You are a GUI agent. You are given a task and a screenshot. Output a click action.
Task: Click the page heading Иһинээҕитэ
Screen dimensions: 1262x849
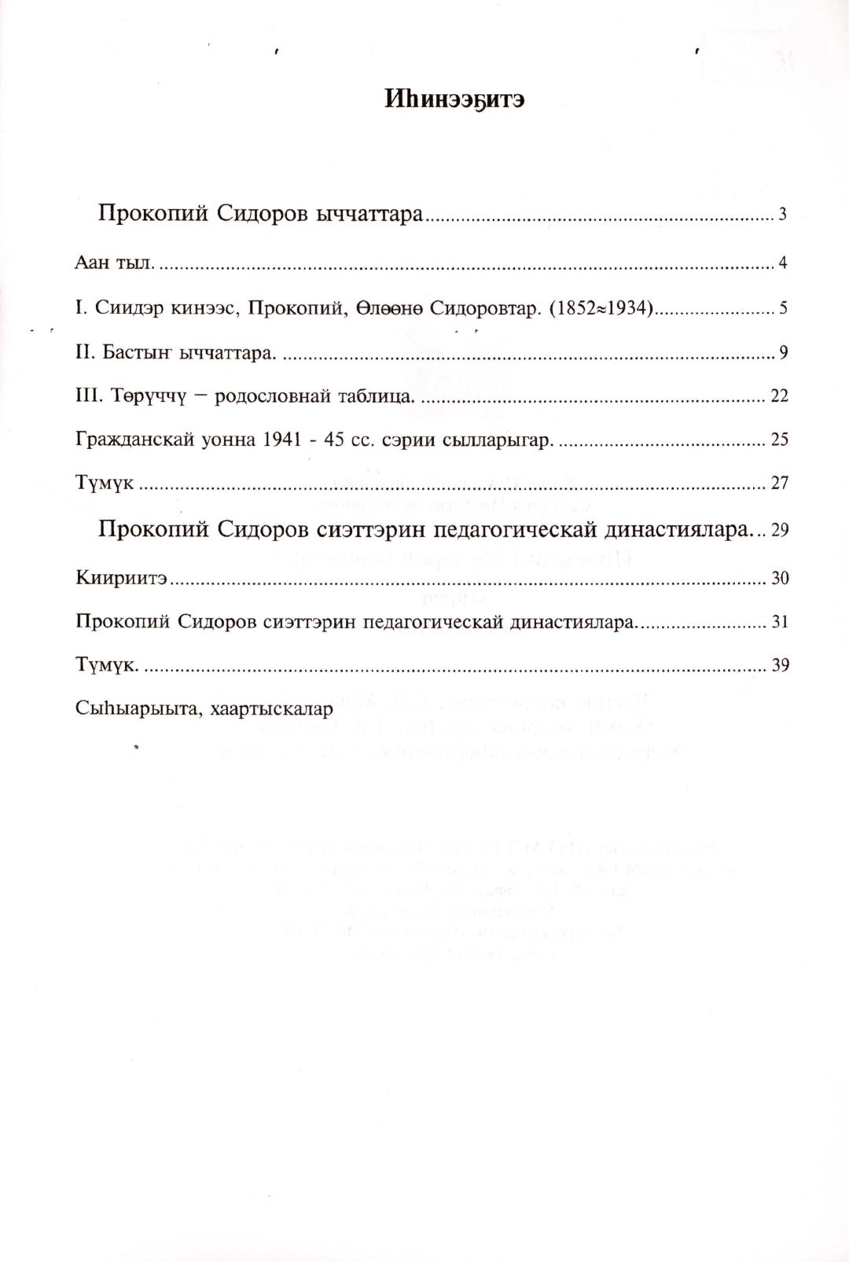tap(454, 99)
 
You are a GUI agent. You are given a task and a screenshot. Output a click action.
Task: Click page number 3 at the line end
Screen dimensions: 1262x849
tap(782, 214)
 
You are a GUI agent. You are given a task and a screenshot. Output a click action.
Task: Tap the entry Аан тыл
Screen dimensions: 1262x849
tap(115, 263)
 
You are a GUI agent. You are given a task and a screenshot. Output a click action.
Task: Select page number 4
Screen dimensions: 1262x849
tap(782, 263)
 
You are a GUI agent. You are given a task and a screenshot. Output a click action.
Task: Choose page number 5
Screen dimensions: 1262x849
tap(783, 308)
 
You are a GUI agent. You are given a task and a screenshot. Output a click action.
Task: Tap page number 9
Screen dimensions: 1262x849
tap(783, 352)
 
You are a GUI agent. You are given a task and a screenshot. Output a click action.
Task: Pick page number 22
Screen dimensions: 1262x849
tap(779, 396)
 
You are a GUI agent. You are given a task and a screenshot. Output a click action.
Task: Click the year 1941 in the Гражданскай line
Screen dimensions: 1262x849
tap(283, 439)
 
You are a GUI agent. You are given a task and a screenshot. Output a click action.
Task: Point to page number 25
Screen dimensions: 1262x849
tap(779, 439)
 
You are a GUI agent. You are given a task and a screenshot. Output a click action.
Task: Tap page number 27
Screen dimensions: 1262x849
tap(779, 483)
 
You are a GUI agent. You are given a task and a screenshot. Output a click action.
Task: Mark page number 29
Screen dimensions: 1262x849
tap(779, 530)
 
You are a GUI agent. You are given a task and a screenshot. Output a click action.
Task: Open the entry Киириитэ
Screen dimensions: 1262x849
tap(121, 578)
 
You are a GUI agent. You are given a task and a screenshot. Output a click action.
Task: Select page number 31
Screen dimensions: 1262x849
tap(779, 622)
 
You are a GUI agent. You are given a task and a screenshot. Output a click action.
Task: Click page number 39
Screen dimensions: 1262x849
tap(779, 665)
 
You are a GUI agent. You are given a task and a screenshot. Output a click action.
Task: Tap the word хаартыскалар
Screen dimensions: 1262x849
tap(272, 709)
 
